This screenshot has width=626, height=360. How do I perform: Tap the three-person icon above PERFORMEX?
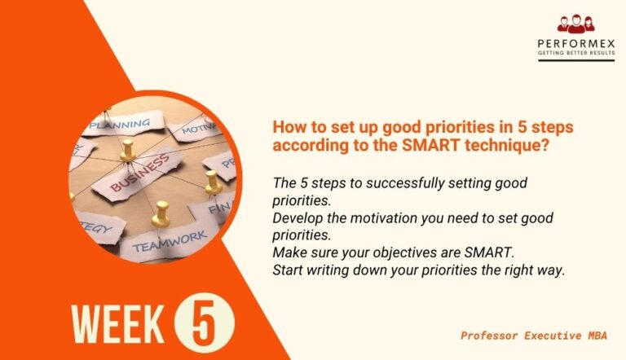pos(575,24)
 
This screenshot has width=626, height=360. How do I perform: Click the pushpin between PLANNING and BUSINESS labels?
pos(126,151)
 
